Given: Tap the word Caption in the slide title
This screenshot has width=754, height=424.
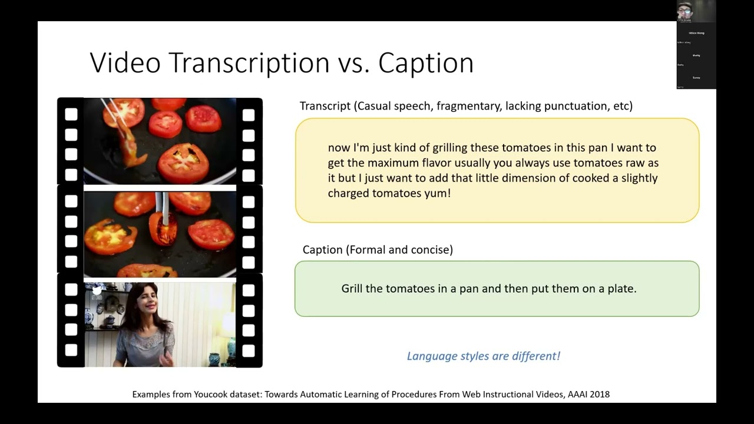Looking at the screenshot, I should pos(426,63).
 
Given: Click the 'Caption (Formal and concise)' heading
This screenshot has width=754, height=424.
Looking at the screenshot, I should pos(378,250).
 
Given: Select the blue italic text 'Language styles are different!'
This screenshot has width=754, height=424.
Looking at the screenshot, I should pos(483,356).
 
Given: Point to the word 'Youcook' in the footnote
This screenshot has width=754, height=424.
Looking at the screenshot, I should pos(211,394).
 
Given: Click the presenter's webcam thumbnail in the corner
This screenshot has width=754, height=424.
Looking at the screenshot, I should pos(696,11).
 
